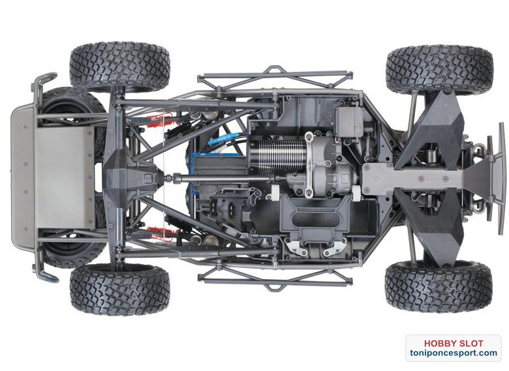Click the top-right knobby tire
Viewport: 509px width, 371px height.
click(439, 69)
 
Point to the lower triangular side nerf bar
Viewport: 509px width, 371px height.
click(274, 277)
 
